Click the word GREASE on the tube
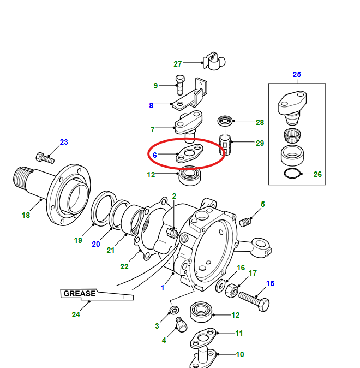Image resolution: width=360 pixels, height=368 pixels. (x=80, y=293)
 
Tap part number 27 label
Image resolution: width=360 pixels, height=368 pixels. (x=178, y=64)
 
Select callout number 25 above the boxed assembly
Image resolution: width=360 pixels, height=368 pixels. (x=297, y=74)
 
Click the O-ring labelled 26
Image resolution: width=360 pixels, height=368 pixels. (x=292, y=174)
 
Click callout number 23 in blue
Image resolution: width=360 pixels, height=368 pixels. (x=64, y=143)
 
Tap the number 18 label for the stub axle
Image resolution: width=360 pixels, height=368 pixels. (x=26, y=215)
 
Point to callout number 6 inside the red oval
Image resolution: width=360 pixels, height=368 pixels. (x=155, y=155)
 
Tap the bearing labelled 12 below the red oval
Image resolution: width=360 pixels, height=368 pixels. (x=189, y=175)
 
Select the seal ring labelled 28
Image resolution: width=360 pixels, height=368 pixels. (x=224, y=121)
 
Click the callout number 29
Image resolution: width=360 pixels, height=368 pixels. (x=260, y=144)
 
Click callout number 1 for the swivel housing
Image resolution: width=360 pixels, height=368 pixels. (x=162, y=287)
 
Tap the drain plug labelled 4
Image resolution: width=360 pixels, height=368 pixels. (x=181, y=327)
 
